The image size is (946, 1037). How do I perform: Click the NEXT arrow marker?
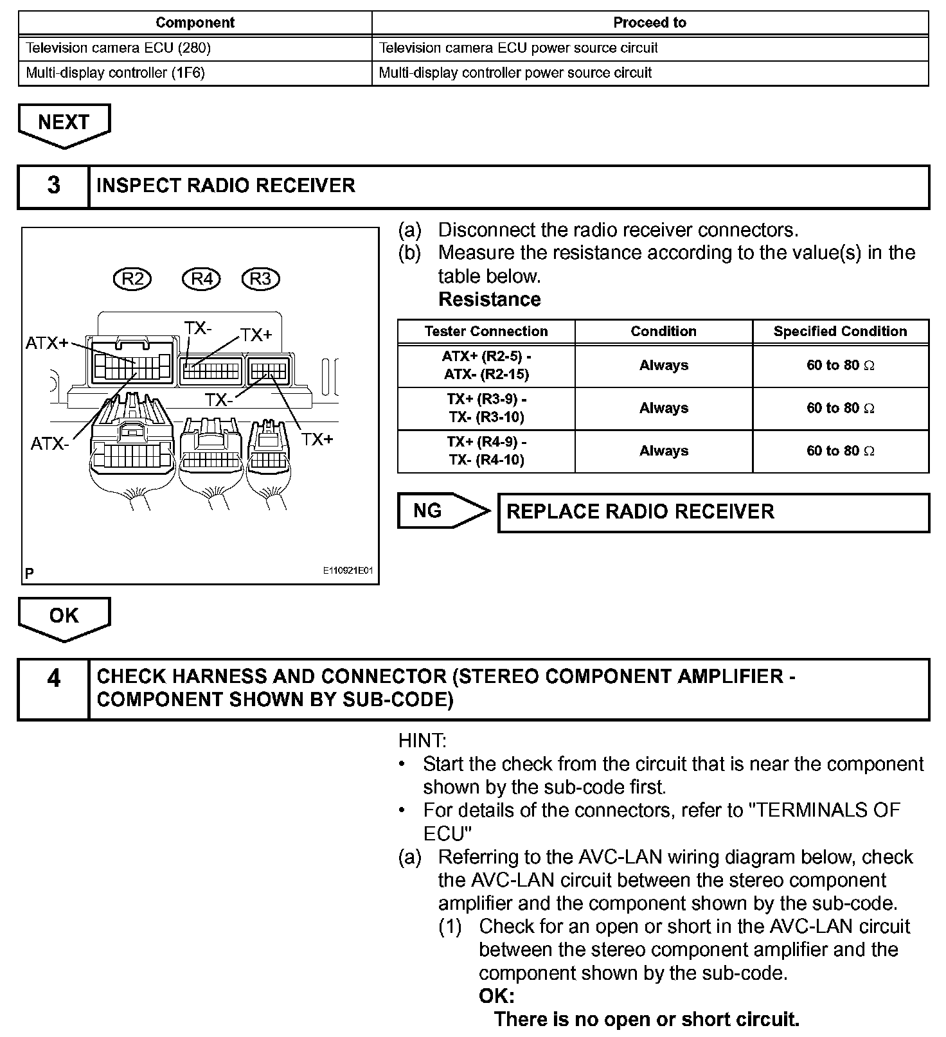pyautogui.click(x=64, y=123)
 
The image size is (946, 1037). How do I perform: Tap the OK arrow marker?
pyautogui.click(x=64, y=616)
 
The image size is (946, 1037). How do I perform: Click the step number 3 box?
pyautogui.click(x=53, y=186)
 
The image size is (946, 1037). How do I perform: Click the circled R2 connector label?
pyautogui.click(x=133, y=279)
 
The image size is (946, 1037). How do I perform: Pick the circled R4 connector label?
pyautogui.click(x=202, y=279)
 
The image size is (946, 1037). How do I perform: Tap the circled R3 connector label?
pyautogui.click(x=260, y=279)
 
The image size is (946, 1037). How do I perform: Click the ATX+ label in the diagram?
pyautogui.click(x=47, y=344)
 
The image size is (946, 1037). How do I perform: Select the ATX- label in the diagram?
pyautogui.click(x=49, y=444)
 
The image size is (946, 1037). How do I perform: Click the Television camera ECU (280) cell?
pyautogui.click(x=195, y=48)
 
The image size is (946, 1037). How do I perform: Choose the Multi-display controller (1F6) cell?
pyautogui.click(x=195, y=73)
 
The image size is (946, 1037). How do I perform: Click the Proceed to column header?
pyautogui.click(x=650, y=23)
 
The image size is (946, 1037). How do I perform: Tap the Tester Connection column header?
pyautogui.click(x=486, y=332)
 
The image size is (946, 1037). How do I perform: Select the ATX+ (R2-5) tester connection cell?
pyautogui.click(x=486, y=366)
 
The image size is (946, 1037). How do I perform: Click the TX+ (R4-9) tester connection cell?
pyautogui.click(x=486, y=451)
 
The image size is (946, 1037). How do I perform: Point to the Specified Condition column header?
pyautogui.click(x=840, y=332)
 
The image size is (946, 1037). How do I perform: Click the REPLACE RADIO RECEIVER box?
pyautogui.click(x=713, y=512)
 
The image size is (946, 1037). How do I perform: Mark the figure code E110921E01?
pyautogui.click(x=348, y=571)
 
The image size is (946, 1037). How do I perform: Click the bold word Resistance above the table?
pyautogui.click(x=490, y=300)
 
